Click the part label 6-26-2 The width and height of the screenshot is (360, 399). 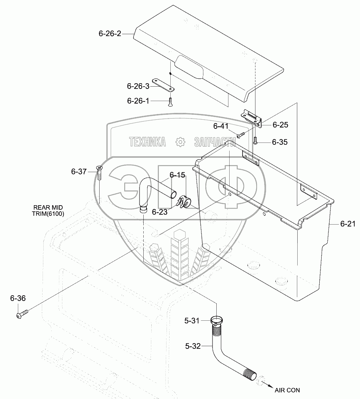point(110,34)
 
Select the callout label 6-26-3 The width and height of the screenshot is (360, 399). point(138,86)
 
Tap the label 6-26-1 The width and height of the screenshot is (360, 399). point(138,101)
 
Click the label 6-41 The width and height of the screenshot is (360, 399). point(220,126)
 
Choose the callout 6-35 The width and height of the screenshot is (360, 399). point(279,142)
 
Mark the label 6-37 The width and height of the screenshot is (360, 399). point(79,172)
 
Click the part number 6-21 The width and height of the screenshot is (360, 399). point(347,224)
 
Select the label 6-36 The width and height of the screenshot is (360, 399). point(18,299)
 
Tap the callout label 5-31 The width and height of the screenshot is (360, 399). point(192,321)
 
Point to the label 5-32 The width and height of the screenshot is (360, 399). point(193,346)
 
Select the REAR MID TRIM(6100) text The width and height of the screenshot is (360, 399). point(48,211)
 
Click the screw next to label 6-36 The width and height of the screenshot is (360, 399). point(22,314)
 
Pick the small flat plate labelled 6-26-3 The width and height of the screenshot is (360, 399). point(163,85)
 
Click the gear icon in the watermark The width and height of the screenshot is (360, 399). point(180,142)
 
